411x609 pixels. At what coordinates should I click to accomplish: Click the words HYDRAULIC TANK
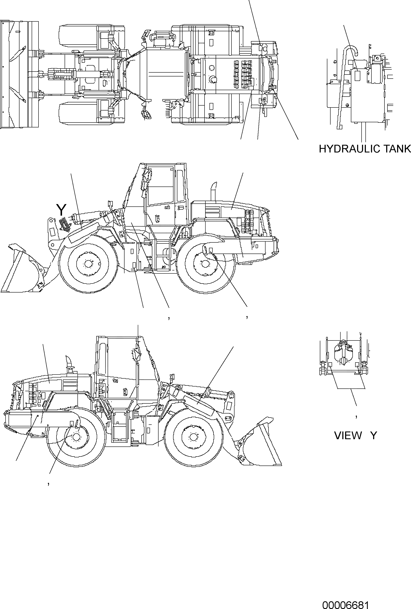(x=365, y=149)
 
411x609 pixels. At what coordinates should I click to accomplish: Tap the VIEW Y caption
(x=355, y=435)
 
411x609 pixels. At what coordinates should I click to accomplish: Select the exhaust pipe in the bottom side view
(x=70, y=363)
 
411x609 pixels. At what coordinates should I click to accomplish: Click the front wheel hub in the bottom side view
(x=193, y=437)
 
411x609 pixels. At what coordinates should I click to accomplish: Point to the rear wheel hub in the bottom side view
(x=76, y=437)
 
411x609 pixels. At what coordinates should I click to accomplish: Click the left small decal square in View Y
(x=330, y=365)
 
